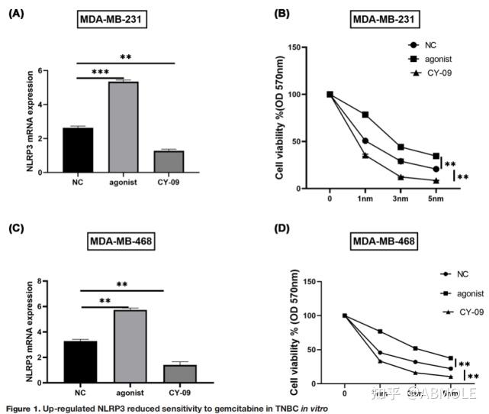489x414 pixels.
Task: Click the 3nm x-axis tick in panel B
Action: [x=401, y=199]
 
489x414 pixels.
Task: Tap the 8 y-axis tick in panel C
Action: [x=53, y=281]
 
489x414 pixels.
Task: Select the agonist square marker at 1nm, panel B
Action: [x=365, y=115]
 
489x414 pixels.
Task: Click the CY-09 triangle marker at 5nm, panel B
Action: [x=436, y=181]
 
